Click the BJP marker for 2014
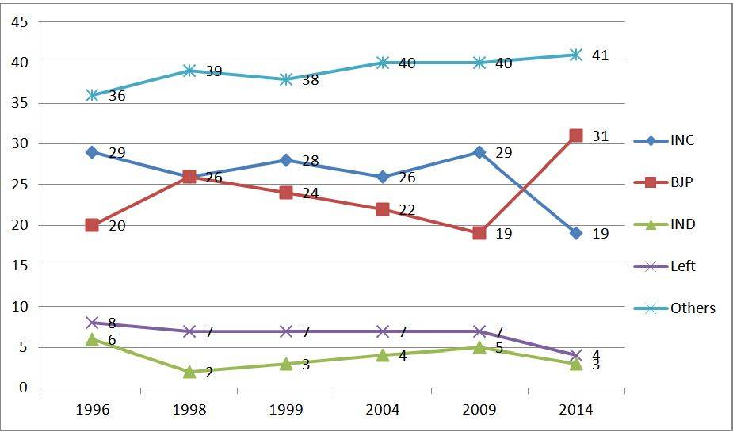[x=576, y=136]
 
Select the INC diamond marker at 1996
[x=92, y=151]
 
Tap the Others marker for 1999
[x=285, y=79]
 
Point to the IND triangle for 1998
[x=189, y=371]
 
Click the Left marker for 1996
[x=92, y=323]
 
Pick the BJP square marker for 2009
[x=479, y=233]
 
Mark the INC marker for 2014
[x=576, y=233]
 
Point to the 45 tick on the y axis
[x=20, y=22]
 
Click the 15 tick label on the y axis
[x=20, y=266]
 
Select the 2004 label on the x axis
[x=383, y=409]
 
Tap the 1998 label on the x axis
[x=189, y=409]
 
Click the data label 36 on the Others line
[x=117, y=96]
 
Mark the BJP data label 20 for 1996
[x=117, y=226]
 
